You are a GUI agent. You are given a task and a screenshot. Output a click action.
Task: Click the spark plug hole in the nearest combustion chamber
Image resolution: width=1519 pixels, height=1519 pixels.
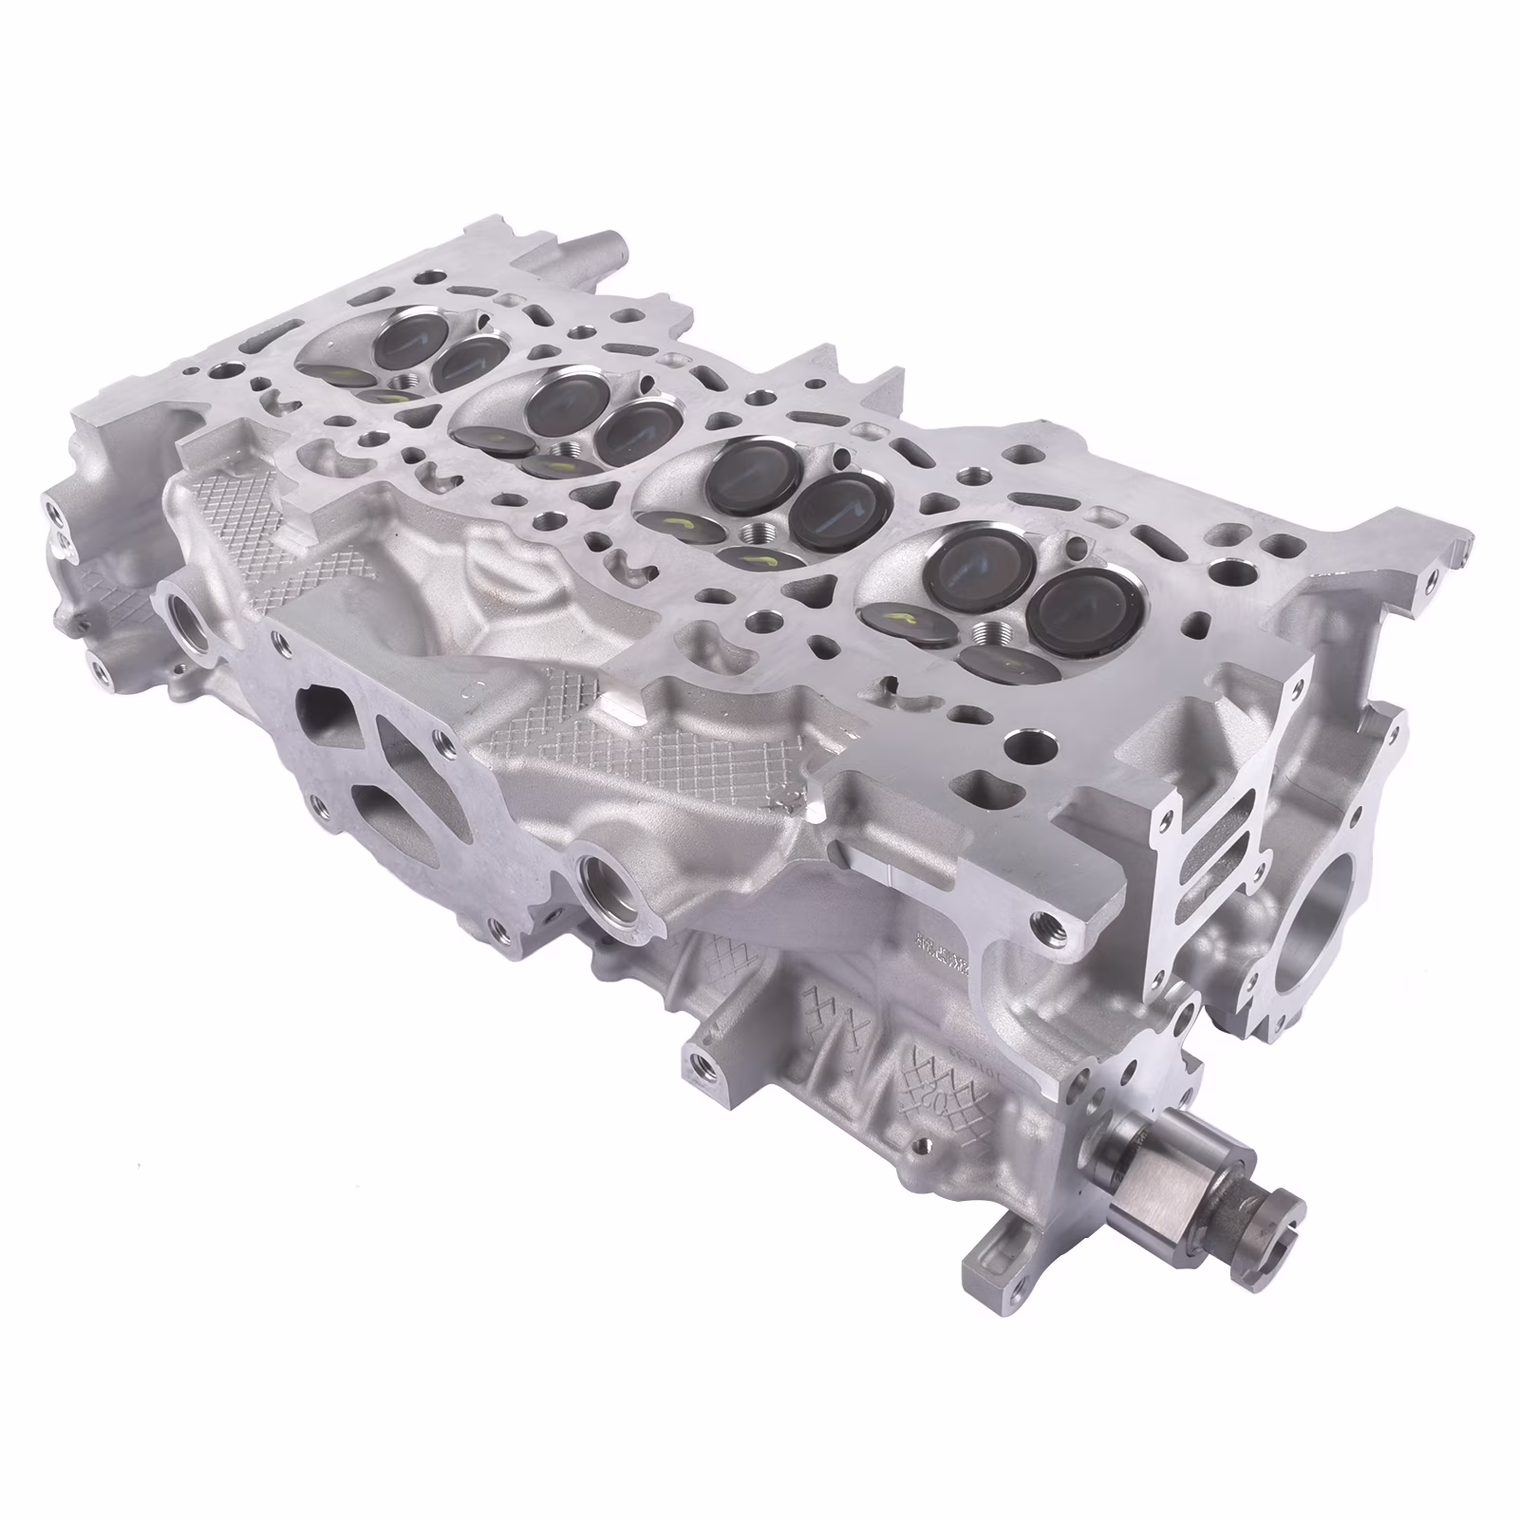pyautogui.click(x=991, y=630)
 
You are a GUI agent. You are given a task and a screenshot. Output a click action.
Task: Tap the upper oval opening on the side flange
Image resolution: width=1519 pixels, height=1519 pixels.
pyautogui.click(x=321, y=710)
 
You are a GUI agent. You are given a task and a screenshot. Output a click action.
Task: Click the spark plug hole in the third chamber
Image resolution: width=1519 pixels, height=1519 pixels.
pyautogui.click(x=759, y=533)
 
